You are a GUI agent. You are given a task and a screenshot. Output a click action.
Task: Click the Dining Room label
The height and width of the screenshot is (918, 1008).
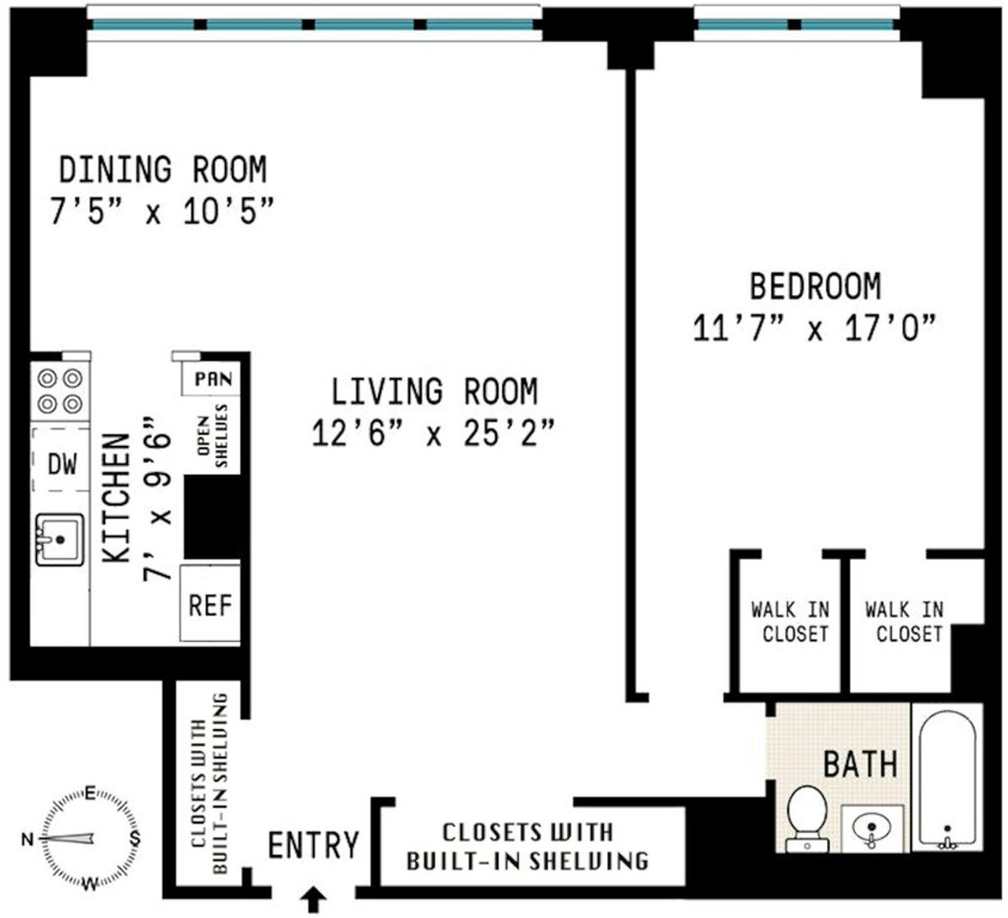(x=162, y=170)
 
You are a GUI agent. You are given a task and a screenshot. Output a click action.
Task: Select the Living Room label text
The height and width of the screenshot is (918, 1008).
(x=433, y=391)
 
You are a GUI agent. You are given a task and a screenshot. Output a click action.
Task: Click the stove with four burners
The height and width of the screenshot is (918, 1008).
(x=60, y=391)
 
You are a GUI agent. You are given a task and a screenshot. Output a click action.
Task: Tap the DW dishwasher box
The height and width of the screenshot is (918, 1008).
(x=60, y=462)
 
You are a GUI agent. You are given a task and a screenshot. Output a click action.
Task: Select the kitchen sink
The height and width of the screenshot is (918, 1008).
(x=59, y=538)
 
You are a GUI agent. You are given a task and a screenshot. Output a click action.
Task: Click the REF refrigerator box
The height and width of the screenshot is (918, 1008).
(x=210, y=604)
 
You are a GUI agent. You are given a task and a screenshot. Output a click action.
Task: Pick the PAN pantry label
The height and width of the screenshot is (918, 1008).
(x=213, y=379)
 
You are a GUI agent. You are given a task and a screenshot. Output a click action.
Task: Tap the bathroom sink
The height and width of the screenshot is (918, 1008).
(x=872, y=828)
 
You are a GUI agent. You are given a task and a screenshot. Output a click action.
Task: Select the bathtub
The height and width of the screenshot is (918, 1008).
(x=948, y=776)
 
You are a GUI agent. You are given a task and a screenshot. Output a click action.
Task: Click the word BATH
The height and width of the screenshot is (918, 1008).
(x=859, y=764)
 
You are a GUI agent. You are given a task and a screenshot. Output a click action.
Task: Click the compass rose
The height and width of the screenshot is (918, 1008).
(x=82, y=837)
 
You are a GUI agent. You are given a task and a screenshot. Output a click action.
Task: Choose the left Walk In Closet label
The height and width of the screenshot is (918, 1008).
(x=790, y=622)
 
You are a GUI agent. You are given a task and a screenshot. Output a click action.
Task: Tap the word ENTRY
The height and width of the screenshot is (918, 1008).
(x=313, y=844)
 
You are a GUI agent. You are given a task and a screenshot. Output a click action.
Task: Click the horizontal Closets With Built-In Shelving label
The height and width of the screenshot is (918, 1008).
(x=528, y=846)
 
